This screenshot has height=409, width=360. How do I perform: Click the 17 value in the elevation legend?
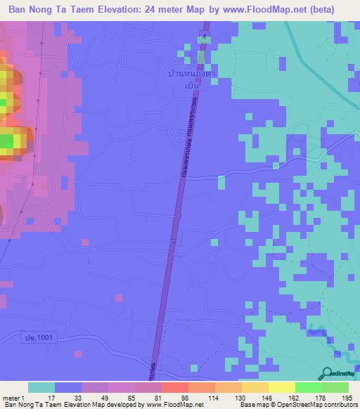(x=50, y=397)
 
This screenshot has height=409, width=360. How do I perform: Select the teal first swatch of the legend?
(x=41, y=387)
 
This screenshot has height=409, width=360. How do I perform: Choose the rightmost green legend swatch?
(x=335, y=387)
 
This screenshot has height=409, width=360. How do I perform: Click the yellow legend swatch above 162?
(x=281, y=387)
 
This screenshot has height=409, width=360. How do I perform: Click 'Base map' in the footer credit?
(x=250, y=405)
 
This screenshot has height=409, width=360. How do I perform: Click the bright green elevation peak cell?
(x=6, y=143)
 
